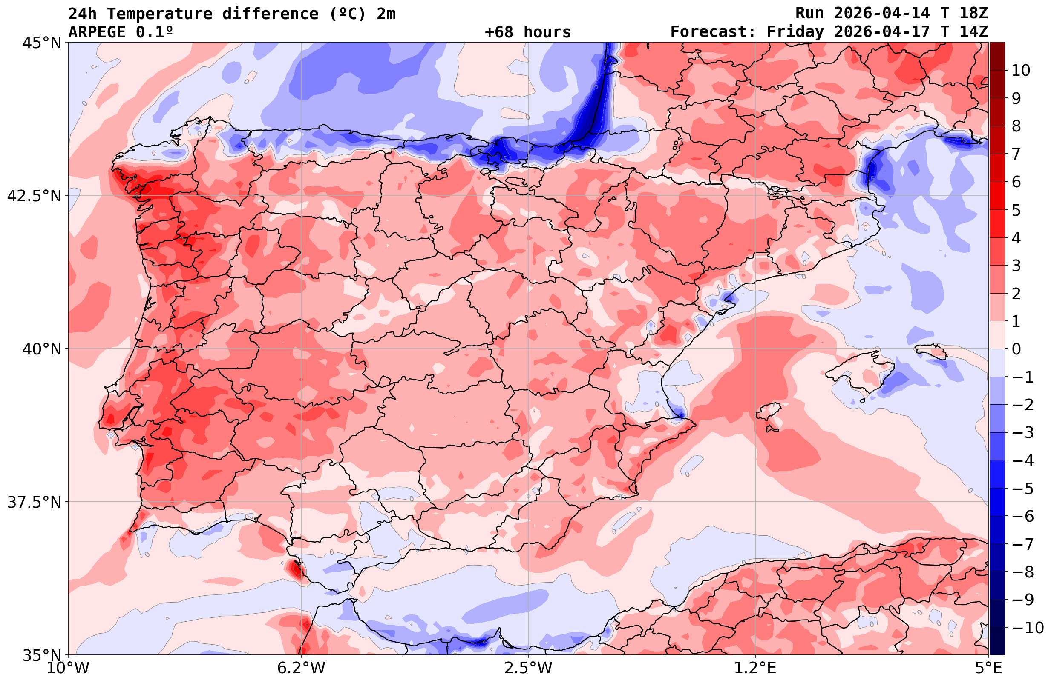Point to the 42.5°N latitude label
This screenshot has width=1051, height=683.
35,196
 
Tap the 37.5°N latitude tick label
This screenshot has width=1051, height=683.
35,502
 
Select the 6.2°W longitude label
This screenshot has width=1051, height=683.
301,668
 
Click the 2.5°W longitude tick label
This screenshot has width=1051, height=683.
528,668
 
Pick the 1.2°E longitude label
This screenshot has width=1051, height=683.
755,668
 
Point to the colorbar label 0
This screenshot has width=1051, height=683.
1016,349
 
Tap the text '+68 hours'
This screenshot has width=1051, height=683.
528,32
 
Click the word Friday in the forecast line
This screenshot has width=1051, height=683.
795,32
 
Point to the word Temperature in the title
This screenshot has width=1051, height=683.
159,14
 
